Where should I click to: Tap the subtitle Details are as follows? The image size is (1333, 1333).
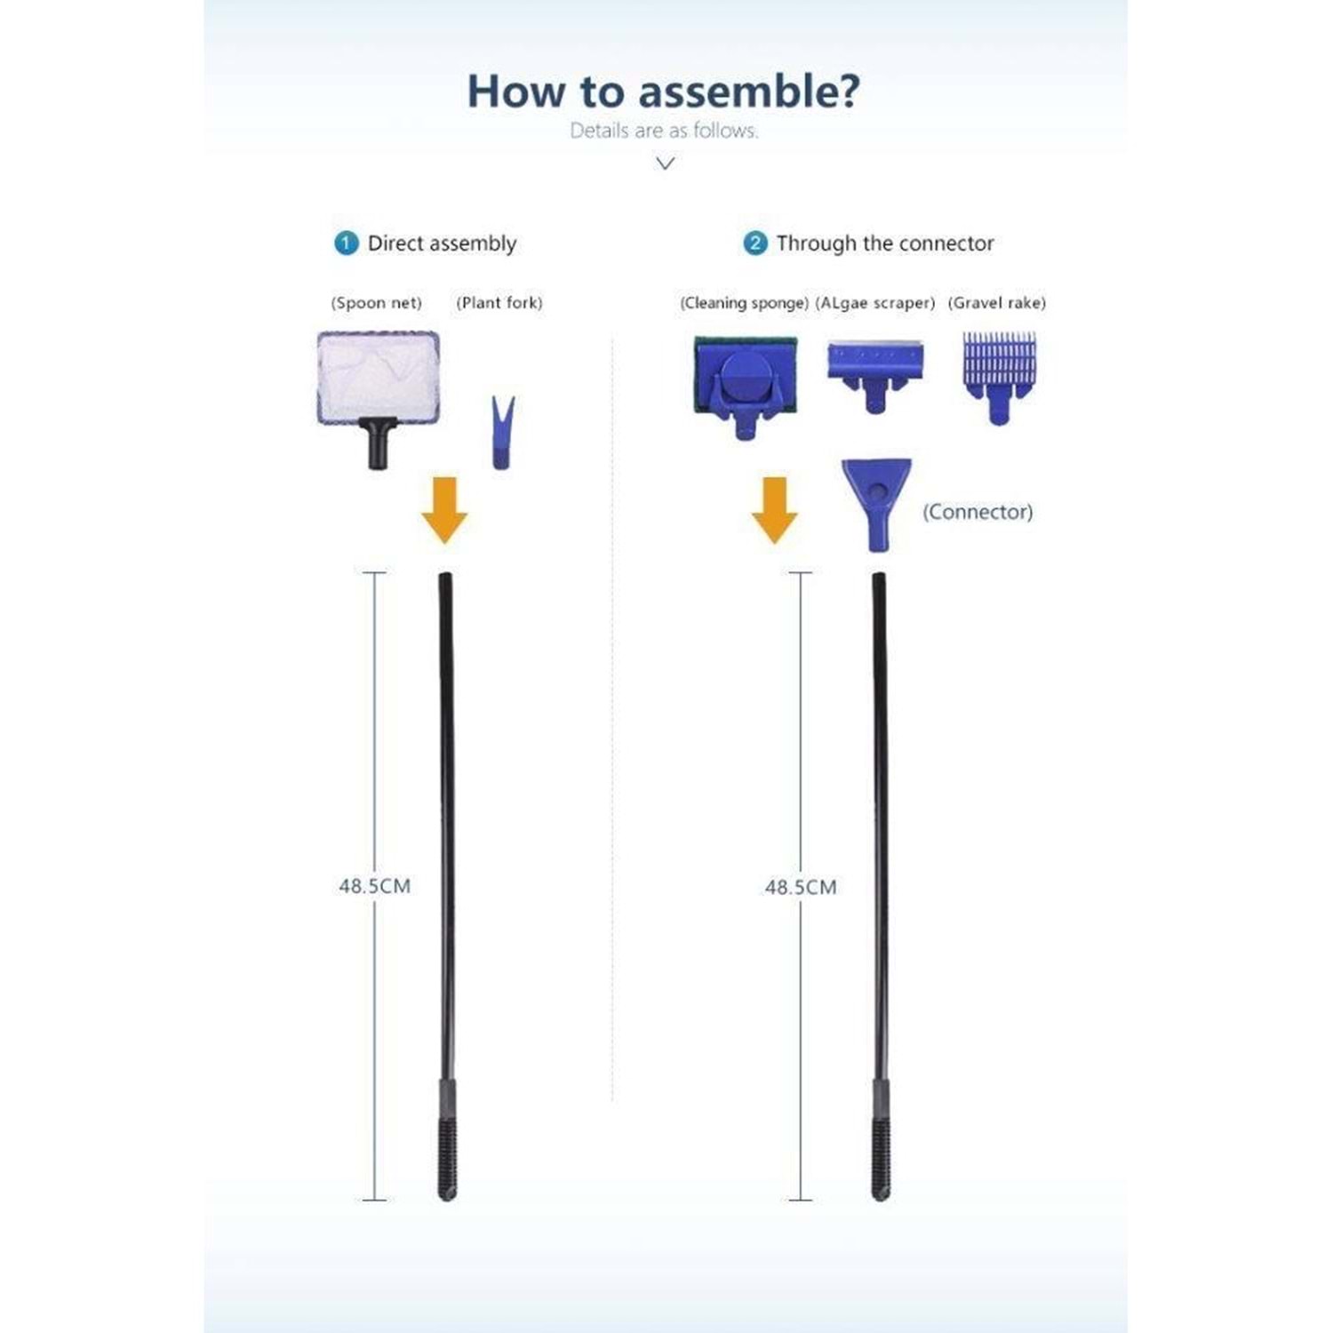coord(664,131)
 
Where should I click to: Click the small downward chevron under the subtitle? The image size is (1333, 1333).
coord(665,163)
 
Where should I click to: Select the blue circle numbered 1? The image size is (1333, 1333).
coord(346,243)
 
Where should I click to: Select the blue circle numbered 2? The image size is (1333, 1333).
coord(755,243)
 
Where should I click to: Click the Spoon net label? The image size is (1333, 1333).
coord(376,303)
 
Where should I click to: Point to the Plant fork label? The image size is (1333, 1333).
coord(499,303)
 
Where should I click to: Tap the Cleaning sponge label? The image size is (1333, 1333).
coord(745,303)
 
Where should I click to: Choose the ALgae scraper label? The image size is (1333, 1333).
coord(875,303)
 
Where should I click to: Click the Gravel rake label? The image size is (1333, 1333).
coord(997,303)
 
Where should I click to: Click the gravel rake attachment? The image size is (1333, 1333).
coord(999,378)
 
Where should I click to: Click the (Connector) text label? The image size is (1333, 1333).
coord(978,512)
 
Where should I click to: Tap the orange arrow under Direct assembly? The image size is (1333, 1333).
coord(444,510)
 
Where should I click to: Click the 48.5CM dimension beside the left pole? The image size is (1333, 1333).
coord(375,886)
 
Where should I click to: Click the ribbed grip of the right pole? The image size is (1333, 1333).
coord(880,1159)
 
